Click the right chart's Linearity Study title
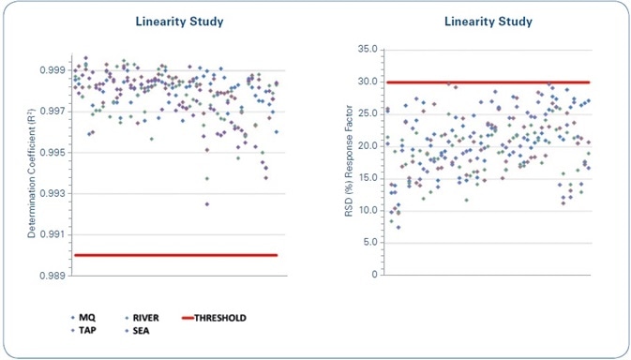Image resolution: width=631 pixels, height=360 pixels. click(x=488, y=21)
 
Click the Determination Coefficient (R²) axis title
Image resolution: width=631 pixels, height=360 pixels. click(x=30, y=172)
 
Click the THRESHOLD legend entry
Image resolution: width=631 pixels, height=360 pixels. click(x=221, y=318)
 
